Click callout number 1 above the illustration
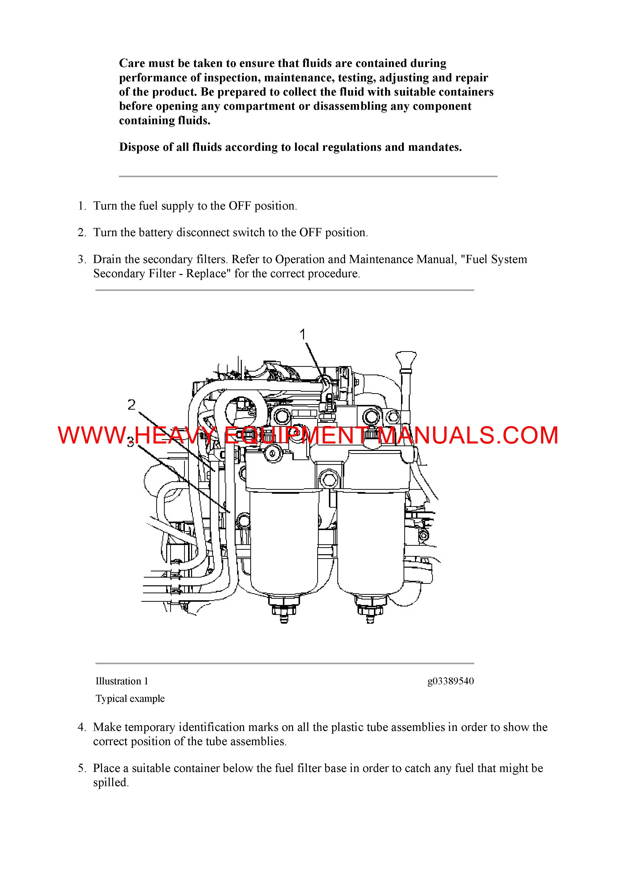[x=303, y=335]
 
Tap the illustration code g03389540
[x=451, y=681]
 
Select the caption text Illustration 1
[x=122, y=681]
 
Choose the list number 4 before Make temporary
[x=82, y=727]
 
